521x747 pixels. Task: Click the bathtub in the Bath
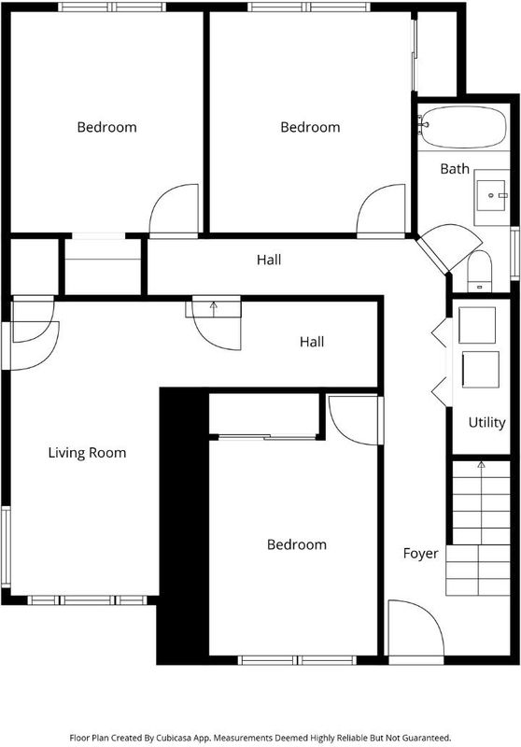pos(462,127)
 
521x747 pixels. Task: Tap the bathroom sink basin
pos(491,195)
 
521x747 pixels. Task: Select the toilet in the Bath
pos(479,271)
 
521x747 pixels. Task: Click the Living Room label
pos(87,453)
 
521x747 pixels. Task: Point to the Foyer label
pos(420,554)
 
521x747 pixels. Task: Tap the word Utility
pos(486,423)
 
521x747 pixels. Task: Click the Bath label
pos(455,169)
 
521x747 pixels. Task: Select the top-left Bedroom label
pos(106,127)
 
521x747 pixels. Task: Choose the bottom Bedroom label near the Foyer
pos(297,544)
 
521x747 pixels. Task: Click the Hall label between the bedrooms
pos(269,260)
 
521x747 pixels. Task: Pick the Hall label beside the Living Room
pos(312,342)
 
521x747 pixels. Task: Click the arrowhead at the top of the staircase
pos(482,464)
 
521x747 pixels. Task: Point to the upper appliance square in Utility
pos(477,325)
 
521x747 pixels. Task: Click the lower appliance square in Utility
pos(481,370)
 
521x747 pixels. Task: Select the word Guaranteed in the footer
pos(430,738)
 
